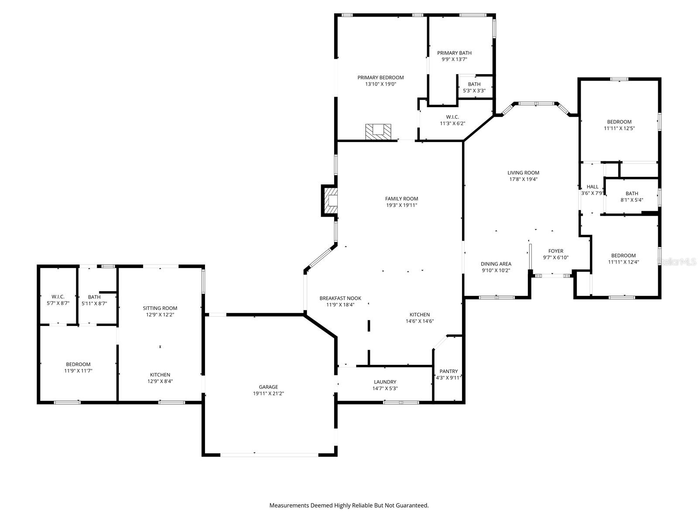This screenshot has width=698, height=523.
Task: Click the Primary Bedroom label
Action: (380, 78)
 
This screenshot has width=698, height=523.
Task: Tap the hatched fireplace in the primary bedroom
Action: (378, 131)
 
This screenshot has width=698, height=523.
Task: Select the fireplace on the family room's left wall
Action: (331, 200)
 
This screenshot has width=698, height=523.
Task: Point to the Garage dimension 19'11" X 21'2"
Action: (268, 393)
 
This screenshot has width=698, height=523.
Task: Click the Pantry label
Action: (448, 371)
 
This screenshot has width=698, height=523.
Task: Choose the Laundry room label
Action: (385, 382)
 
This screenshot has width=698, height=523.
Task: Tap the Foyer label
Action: (555, 251)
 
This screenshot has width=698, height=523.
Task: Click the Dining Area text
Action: (496, 264)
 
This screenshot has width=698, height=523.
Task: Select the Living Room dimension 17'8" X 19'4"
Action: (523, 179)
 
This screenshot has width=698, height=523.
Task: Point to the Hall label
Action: (592, 187)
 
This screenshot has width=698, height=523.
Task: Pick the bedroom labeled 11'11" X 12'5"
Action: (619, 125)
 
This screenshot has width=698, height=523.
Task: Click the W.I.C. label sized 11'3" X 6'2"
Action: (452, 117)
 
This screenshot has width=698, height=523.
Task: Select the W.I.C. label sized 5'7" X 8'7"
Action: (58, 297)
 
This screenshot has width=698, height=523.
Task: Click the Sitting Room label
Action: (160, 308)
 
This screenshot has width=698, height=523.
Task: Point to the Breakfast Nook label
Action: (340, 298)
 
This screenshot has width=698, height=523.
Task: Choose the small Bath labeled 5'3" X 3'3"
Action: (474, 84)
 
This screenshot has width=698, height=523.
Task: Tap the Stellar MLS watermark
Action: (677, 261)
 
